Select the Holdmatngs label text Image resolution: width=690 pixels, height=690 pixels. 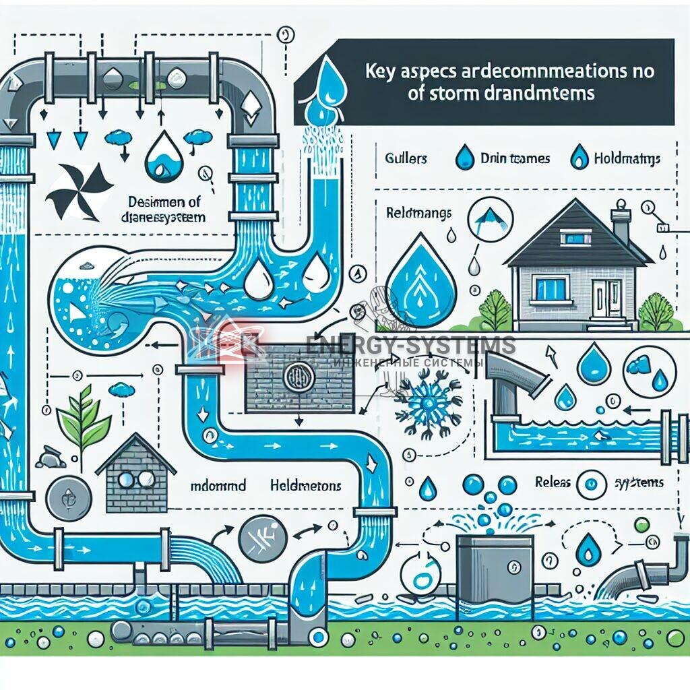point(627,159)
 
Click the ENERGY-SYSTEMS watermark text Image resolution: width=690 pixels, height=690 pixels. point(411,346)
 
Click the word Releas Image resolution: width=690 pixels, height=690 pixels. point(554,482)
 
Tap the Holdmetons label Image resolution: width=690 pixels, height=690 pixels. point(305,485)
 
